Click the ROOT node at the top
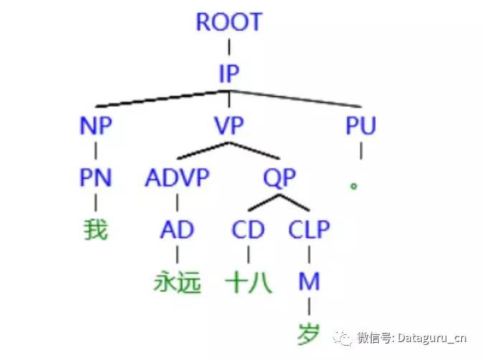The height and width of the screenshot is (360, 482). [x=229, y=22]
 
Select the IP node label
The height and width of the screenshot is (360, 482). [x=229, y=73]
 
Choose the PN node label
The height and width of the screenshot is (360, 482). [x=95, y=178]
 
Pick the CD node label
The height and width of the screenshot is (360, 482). [x=248, y=230]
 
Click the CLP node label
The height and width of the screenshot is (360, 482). [x=309, y=230]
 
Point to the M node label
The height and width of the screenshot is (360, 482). [x=309, y=282]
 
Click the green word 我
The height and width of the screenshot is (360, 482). [x=95, y=230]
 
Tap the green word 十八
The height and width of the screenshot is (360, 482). [x=248, y=283]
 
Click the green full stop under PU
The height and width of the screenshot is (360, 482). [x=353, y=185]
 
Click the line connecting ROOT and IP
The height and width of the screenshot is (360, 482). [x=229, y=48]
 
